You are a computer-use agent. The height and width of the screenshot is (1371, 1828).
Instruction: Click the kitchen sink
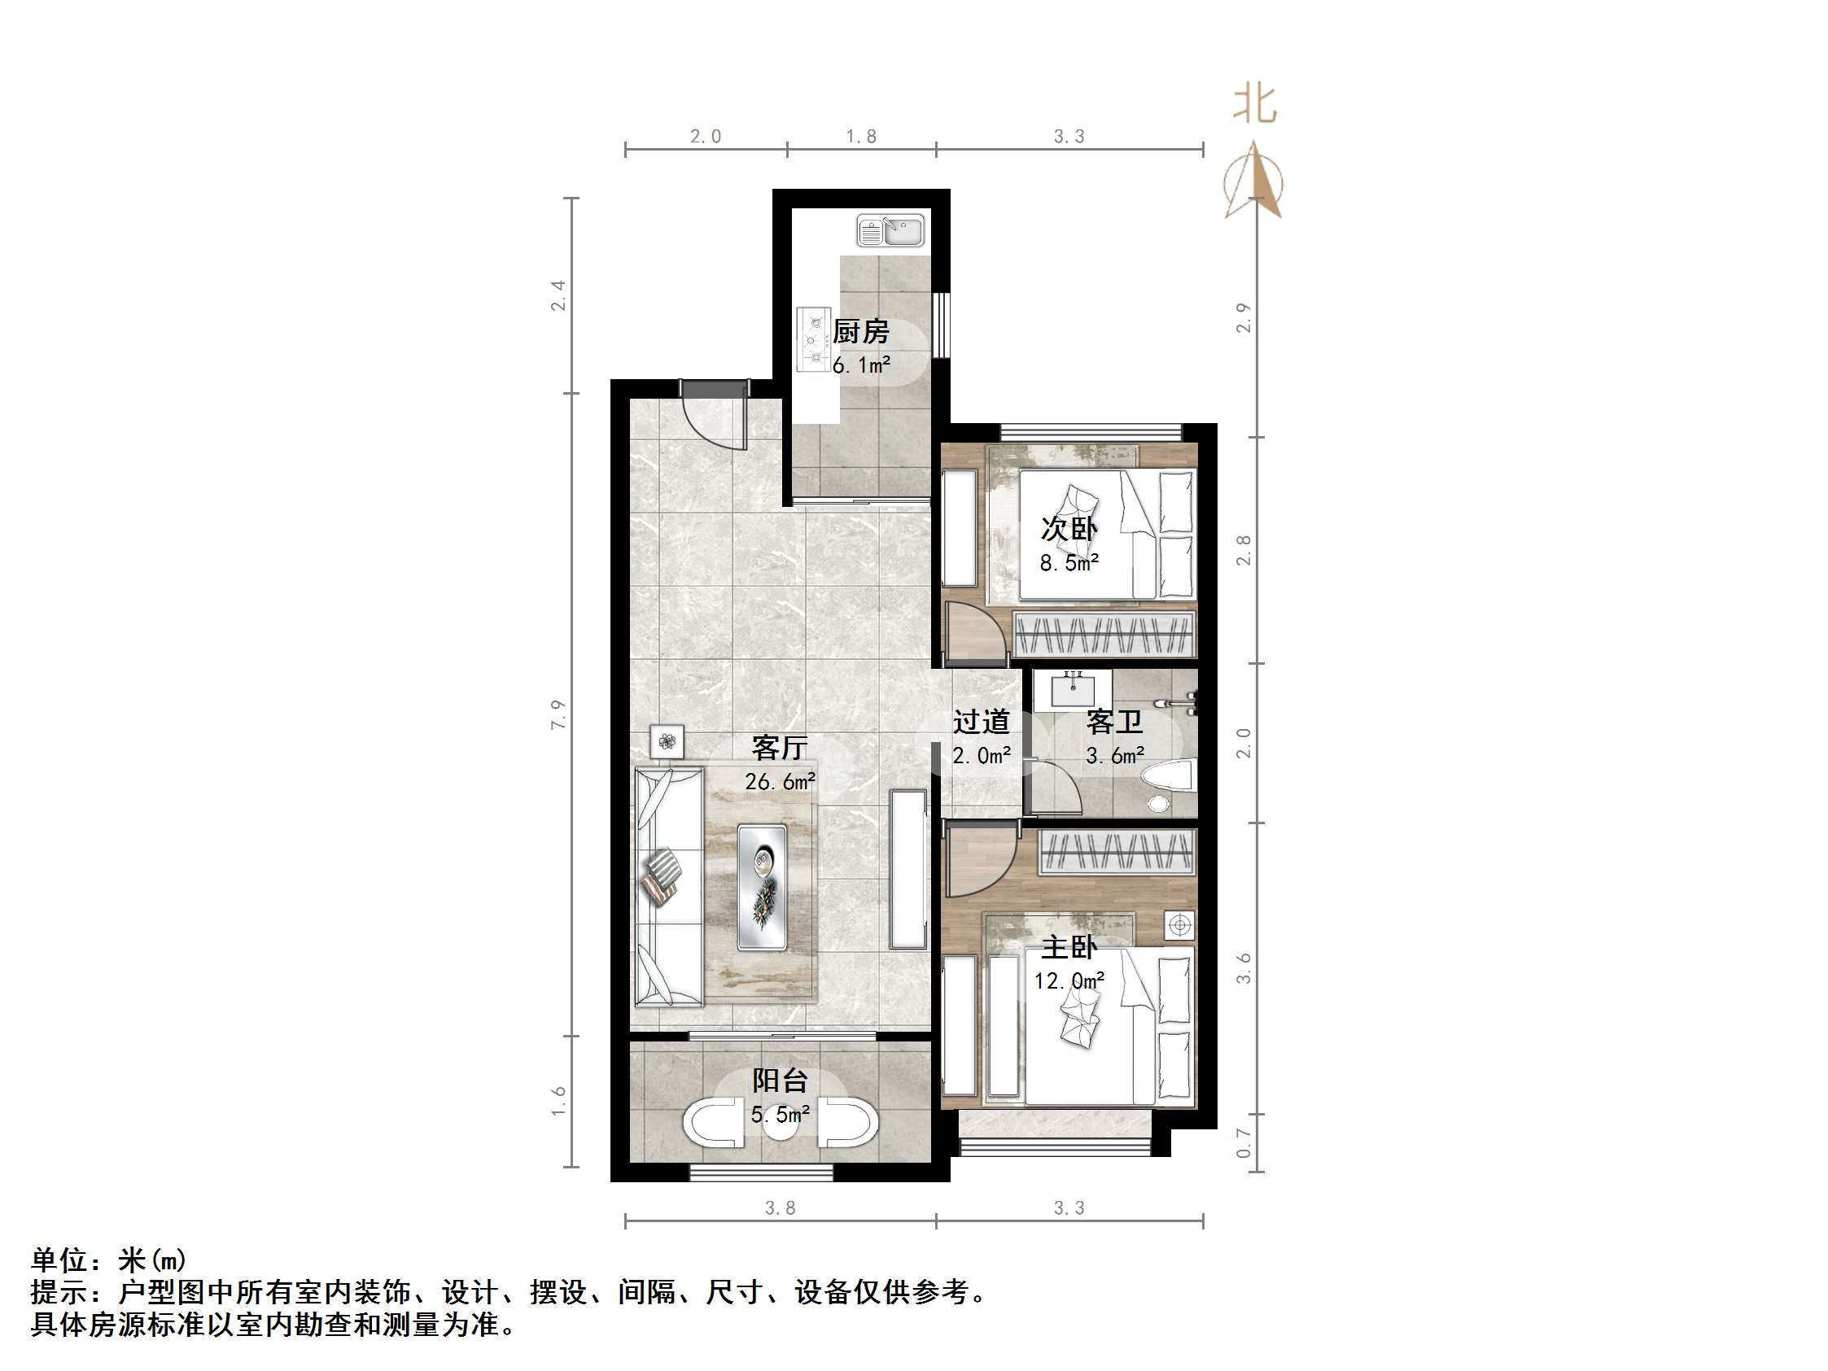(x=890, y=230)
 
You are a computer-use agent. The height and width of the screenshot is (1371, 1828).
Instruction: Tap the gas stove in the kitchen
(x=813, y=339)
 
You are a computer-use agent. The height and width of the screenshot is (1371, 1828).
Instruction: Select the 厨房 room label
(x=860, y=331)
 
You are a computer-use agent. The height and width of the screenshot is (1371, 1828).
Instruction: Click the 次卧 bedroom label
(x=1069, y=529)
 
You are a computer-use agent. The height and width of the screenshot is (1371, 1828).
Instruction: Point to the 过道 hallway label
(x=981, y=722)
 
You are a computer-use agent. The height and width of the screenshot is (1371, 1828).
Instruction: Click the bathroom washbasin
(x=1072, y=689)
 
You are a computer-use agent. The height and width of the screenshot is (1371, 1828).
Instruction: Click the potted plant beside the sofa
(x=667, y=741)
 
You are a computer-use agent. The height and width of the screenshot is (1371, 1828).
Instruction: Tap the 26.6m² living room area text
(x=781, y=781)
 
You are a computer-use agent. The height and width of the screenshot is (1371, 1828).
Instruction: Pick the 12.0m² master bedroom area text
(x=1069, y=981)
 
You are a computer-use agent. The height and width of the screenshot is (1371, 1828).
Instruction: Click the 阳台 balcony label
(x=779, y=1080)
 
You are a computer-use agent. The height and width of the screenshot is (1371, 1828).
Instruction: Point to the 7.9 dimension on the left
(x=558, y=714)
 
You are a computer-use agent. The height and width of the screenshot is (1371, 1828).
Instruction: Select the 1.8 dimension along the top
(x=861, y=137)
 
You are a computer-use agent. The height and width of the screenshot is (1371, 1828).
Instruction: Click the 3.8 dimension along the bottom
(x=779, y=1208)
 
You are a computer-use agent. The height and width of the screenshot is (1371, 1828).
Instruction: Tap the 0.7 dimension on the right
(x=1244, y=1144)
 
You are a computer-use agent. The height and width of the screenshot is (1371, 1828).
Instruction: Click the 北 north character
(x=1254, y=105)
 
